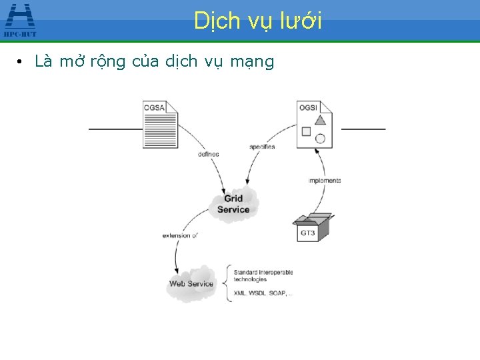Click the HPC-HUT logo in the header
[20, 19]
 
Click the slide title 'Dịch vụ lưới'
[258, 21]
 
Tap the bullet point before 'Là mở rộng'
[21, 63]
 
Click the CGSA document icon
[161, 124]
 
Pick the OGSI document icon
[315, 124]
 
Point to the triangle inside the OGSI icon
[320, 119]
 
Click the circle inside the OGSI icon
[320, 139]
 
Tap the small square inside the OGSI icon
[306, 131]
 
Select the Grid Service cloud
[233, 203]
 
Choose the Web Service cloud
[191, 283]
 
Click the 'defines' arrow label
[208, 154]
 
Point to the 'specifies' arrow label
[262, 147]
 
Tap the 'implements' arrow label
[325, 181]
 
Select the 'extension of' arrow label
[180, 235]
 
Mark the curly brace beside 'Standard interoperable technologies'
[229, 282]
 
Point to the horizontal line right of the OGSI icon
[363, 128]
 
